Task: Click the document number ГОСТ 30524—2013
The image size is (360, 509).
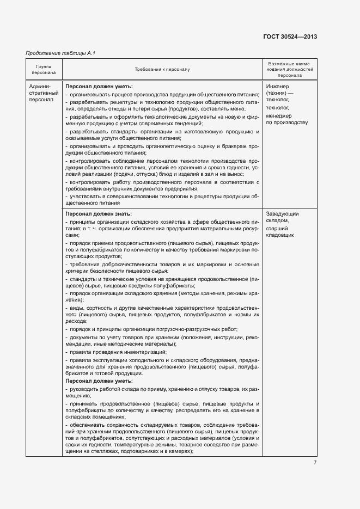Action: click(x=290, y=36)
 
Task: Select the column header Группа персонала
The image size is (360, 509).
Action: click(x=44, y=69)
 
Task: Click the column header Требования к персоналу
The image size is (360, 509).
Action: click(x=162, y=70)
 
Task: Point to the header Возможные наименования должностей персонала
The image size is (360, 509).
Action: click(x=290, y=70)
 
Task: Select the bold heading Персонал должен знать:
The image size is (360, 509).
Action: click(x=99, y=214)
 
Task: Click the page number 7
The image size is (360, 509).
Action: click(x=315, y=463)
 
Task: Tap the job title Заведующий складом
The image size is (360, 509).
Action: click(x=282, y=217)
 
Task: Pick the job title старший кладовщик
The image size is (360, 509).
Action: click(x=280, y=232)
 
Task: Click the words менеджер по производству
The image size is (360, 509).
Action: click(x=286, y=119)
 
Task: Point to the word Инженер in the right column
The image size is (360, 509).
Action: click(x=278, y=87)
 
